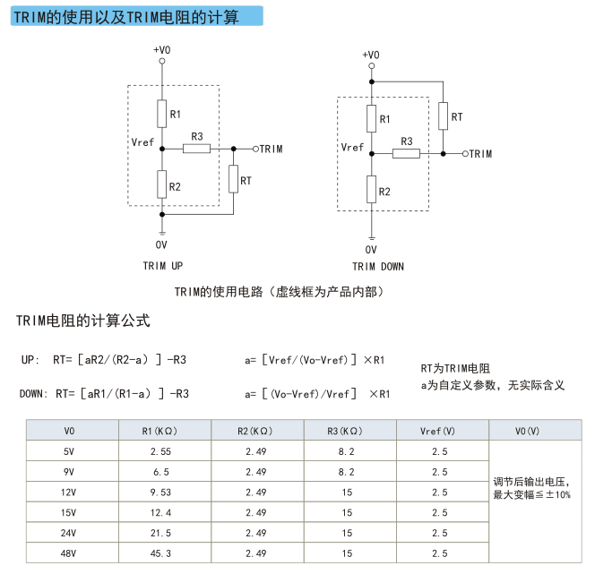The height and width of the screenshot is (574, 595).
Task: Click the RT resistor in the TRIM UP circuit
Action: click(x=233, y=179)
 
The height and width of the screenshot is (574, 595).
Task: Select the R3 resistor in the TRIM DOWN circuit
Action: click(x=406, y=153)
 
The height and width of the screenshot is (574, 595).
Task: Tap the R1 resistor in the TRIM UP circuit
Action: click(x=162, y=114)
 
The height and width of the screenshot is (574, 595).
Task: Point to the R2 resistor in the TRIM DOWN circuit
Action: click(x=372, y=189)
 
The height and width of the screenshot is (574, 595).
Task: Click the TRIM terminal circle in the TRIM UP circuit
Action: click(x=255, y=149)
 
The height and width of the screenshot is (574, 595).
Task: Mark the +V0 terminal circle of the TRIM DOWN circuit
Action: click(x=372, y=66)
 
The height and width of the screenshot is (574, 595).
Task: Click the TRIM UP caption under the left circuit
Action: click(x=163, y=266)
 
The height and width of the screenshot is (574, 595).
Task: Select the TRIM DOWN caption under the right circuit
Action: click(x=378, y=267)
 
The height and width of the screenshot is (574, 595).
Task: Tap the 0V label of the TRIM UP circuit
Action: click(x=161, y=245)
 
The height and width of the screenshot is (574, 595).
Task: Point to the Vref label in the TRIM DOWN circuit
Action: click(x=352, y=147)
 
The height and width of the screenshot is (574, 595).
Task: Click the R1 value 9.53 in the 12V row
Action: click(x=160, y=493)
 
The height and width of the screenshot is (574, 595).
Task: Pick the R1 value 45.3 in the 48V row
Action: click(x=160, y=553)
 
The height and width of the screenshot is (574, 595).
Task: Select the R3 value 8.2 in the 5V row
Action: click(x=346, y=451)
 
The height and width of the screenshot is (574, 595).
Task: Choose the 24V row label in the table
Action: click(x=68, y=533)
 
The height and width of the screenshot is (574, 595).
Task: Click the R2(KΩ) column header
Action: click(x=255, y=431)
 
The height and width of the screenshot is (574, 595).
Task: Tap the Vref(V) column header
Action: click(x=437, y=431)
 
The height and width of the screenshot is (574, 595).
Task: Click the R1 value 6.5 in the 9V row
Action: click(x=161, y=472)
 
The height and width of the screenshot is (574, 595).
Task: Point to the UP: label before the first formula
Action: click(x=30, y=359)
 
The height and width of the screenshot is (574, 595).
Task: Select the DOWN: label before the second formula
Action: click(x=34, y=394)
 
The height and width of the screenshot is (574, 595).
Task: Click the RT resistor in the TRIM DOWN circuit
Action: click(x=443, y=116)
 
